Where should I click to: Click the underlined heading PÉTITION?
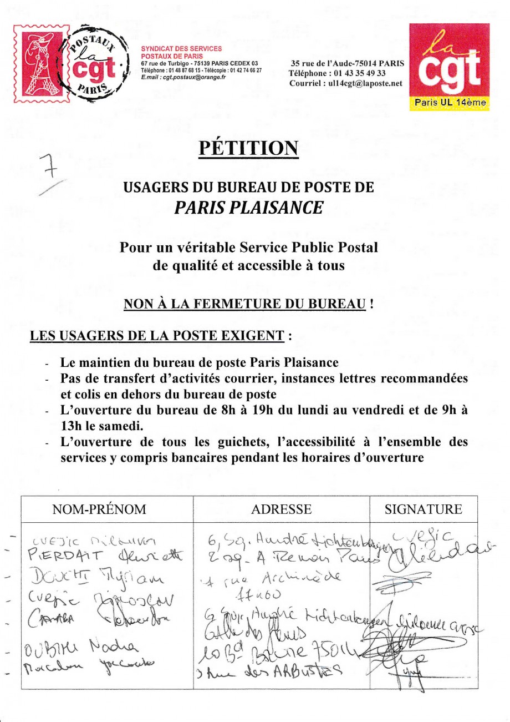tap(248, 148)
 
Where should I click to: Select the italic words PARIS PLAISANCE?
tap(248, 207)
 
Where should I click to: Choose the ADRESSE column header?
tap(281, 509)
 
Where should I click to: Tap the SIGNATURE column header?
tap(423, 509)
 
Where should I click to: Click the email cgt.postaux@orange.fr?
tap(183, 78)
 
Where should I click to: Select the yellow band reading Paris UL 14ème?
tap(449, 103)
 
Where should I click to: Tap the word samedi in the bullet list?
tap(115, 427)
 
